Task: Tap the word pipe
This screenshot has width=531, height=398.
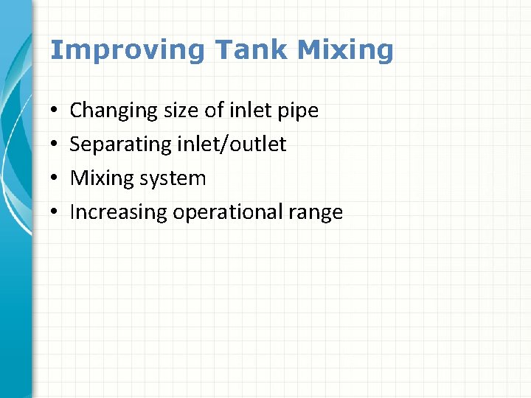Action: coord(299,111)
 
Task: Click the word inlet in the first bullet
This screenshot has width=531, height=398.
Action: coord(251,111)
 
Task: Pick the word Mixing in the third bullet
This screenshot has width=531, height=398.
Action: coord(100,178)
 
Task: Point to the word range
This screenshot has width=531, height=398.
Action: coord(317,213)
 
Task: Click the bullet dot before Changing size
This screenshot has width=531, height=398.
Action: coord(55,112)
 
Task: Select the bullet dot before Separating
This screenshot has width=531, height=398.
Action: coord(55,145)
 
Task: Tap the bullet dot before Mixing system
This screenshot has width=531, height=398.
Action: coord(55,179)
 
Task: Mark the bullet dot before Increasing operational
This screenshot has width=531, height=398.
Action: coord(55,213)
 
